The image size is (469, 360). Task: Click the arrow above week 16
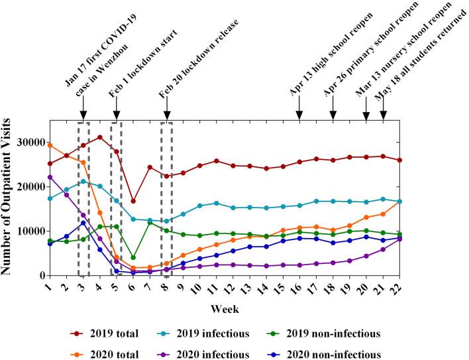pyautogui.click(x=299, y=110)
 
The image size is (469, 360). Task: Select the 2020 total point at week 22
pyautogui.click(x=399, y=202)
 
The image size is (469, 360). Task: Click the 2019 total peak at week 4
pyautogui.click(x=100, y=137)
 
